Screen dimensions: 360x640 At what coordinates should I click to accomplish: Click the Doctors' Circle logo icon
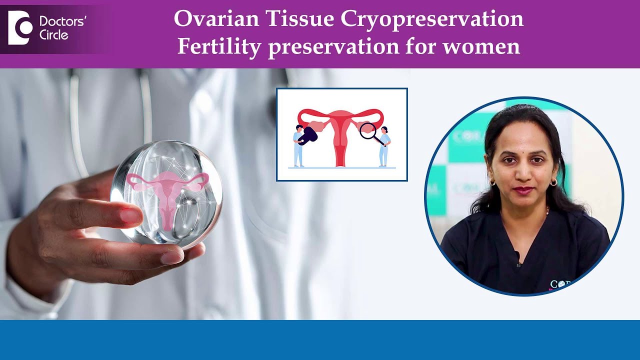20,28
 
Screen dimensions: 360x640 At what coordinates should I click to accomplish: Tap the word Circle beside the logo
53,35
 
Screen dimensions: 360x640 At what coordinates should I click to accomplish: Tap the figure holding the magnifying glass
384,146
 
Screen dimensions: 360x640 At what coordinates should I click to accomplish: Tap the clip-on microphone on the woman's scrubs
518,258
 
